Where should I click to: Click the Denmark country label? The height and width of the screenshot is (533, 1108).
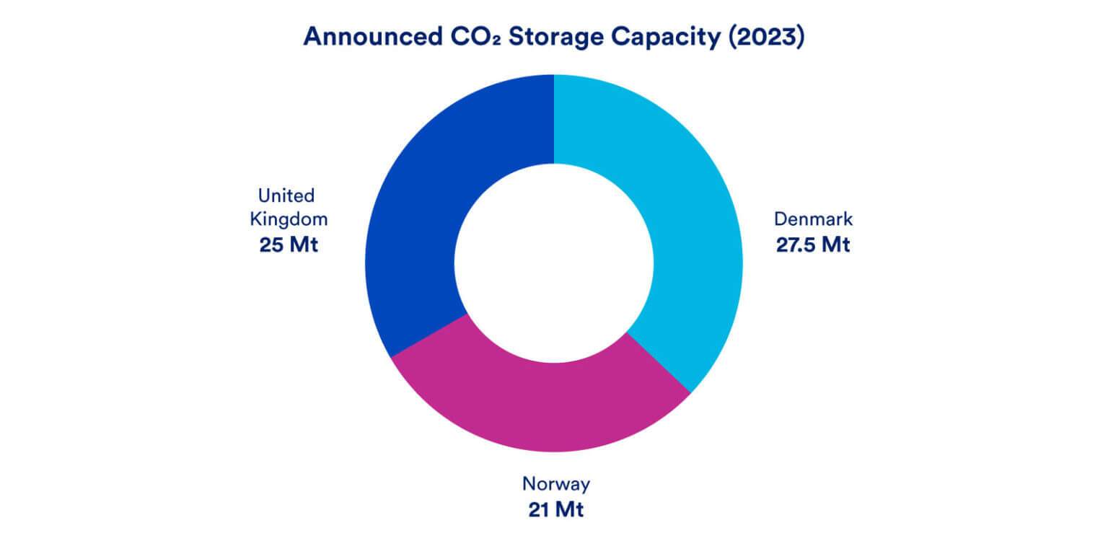click(x=813, y=219)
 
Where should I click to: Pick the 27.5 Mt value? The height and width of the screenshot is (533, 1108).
click(x=813, y=245)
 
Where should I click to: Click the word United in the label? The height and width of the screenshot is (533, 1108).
click(x=286, y=195)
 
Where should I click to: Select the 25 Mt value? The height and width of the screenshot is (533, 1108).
click(x=288, y=245)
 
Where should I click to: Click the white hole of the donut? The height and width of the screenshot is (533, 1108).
click(x=553, y=263)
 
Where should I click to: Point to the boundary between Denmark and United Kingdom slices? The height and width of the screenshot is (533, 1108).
click(x=553, y=119)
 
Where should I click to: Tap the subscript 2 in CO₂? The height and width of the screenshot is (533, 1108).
click(x=492, y=42)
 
